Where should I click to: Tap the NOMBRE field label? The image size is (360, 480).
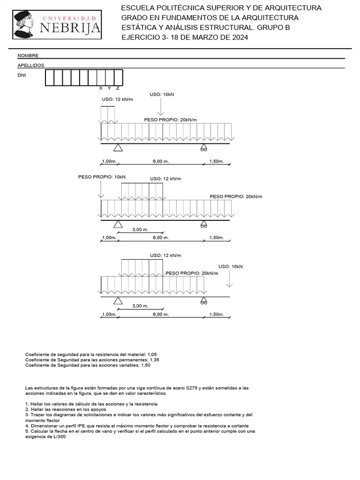[x=28, y=55]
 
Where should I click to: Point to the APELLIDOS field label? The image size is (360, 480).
[x=31, y=66]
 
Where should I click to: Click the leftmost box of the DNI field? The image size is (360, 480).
[x=49, y=78]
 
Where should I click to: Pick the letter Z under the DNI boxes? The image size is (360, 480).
[x=118, y=88]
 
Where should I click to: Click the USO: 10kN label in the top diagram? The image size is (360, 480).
[x=162, y=94]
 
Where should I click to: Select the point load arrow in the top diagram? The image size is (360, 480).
[x=161, y=107]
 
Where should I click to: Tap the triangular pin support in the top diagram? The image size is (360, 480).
[x=118, y=148]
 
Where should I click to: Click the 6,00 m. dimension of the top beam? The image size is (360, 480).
[x=160, y=161]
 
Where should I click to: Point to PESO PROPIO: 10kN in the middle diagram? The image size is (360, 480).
[x=102, y=177]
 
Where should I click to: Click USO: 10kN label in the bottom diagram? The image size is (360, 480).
[x=231, y=266]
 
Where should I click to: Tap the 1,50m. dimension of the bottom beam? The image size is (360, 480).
[x=216, y=314]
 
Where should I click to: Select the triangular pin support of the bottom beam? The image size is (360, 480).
[x=118, y=300]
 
